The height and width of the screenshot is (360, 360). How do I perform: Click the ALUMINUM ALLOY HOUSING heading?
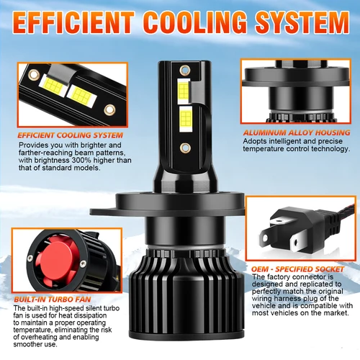pos(296,133)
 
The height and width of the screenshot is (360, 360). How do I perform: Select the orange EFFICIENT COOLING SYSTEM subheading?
pos(71,135)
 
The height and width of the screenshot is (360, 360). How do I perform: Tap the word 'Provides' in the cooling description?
pos(32,144)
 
